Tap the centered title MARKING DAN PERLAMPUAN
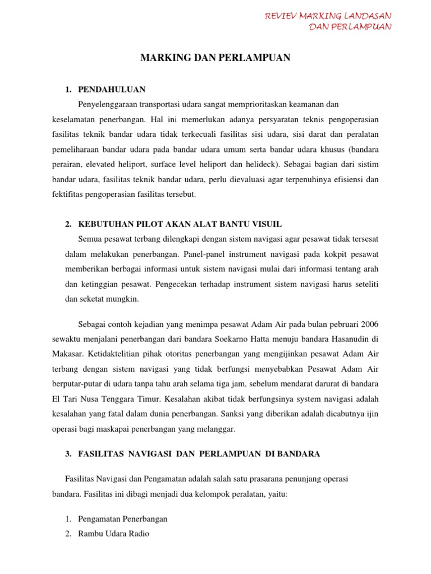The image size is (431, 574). point(215,58)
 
